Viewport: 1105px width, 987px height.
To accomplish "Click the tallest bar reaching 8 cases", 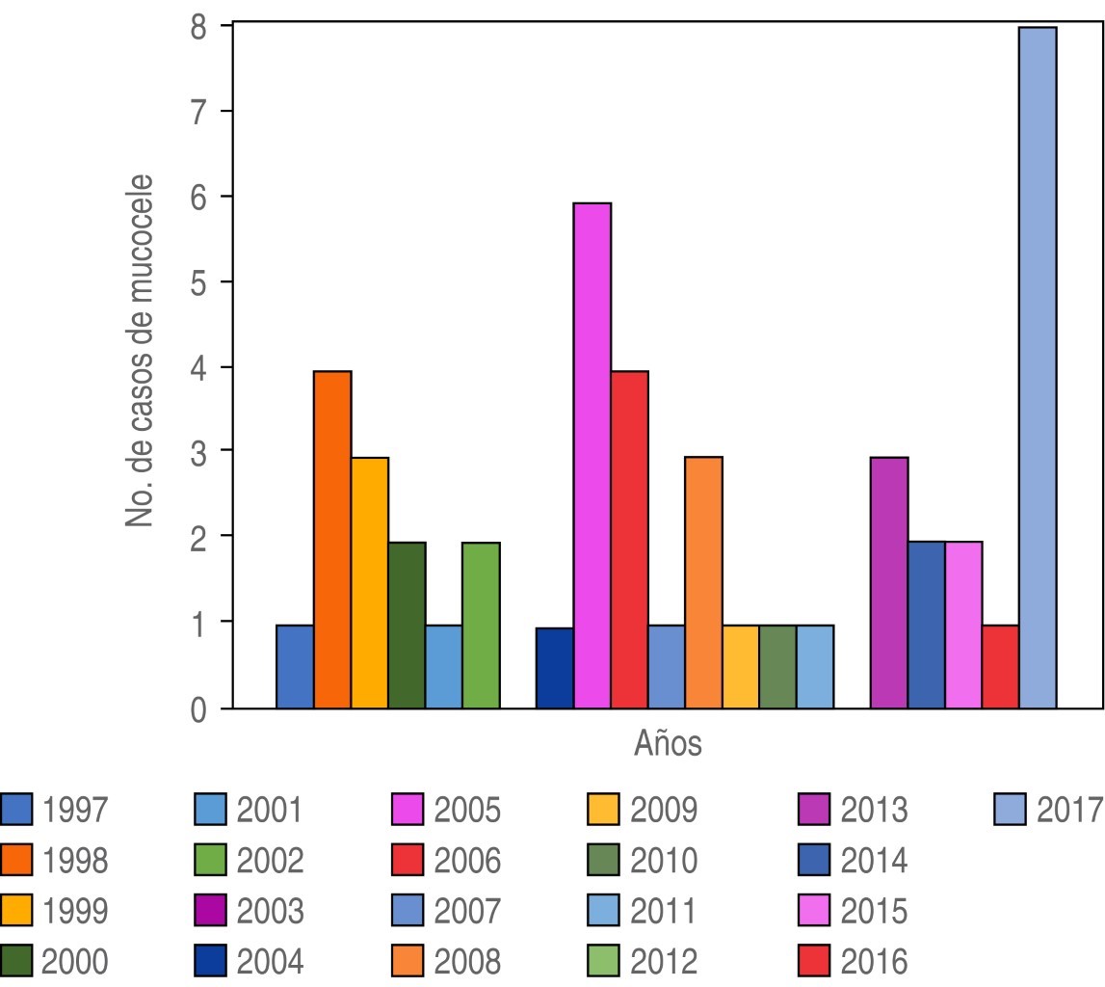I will point(1038,368).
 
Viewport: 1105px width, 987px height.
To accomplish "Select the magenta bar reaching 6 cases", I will point(592,456).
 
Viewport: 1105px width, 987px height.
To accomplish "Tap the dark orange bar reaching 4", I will point(332,540).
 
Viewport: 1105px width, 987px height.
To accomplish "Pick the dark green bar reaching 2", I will point(407,626).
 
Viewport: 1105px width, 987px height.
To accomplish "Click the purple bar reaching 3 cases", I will point(888,583).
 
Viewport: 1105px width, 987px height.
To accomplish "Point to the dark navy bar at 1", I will point(555,668).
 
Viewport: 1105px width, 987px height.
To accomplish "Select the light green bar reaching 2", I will point(481,626).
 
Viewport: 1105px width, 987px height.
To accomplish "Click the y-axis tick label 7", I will point(197,112).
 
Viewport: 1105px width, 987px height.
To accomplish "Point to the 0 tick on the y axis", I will point(197,710).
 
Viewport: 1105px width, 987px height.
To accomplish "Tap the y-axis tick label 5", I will point(197,282).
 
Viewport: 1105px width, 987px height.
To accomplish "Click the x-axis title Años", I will point(668,744).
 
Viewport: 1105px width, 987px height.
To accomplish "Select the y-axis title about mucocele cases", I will point(141,351).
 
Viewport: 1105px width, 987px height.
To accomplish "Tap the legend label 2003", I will point(270,911).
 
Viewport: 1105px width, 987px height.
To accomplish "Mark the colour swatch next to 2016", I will point(816,961).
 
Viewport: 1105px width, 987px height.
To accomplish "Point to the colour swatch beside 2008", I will point(409,961).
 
